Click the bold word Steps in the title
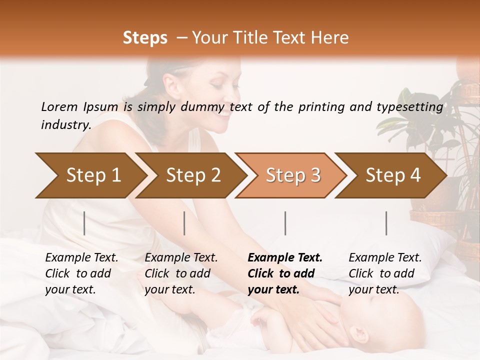click(x=145, y=38)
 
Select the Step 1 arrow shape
click(x=90, y=175)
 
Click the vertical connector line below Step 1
click(x=84, y=223)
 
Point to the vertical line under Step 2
click(x=184, y=223)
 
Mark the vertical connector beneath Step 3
click(x=285, y=223)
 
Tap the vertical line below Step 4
click(x=386, y=223)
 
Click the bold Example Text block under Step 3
click(x=285, y=273)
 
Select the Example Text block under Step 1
click(x=81, y=273)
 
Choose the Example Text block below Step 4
click(x=385, y=273)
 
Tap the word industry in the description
click(x=65, y=124)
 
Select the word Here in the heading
click(x=332, y=38)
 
